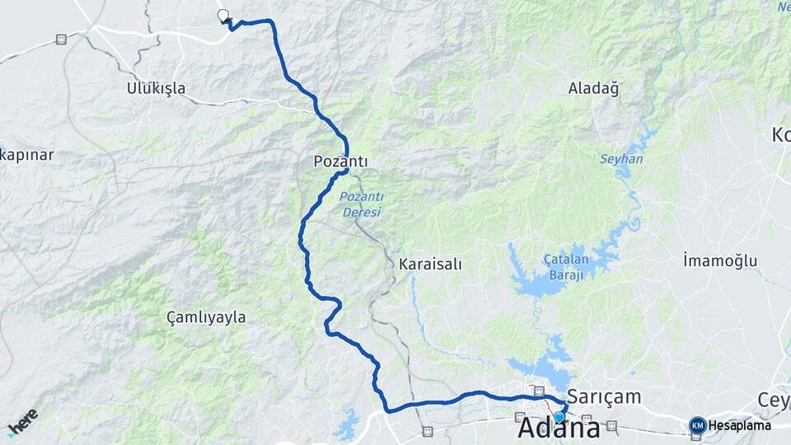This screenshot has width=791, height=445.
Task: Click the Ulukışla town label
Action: tap(156, 88)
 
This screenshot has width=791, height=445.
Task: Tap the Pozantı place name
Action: tap(340, 162)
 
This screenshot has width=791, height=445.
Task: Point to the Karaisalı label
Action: tap(429, 265)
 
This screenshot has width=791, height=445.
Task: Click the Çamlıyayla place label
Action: tap(206, 316)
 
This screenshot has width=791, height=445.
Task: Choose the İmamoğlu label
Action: tap(719, 261)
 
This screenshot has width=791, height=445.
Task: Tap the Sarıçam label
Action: tap(604, 396)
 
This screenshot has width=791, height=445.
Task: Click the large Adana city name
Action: tap(559, 429)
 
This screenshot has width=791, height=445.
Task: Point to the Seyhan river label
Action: tap(620, 158)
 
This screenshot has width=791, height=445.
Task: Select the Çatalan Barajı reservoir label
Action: tap(563, 266)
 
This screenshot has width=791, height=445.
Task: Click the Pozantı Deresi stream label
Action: tap(361, 204)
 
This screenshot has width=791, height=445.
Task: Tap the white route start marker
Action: tap(222, 15)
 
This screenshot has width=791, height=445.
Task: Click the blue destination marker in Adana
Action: tap(559, 417)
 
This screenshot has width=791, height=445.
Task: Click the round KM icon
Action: tap(697, 425)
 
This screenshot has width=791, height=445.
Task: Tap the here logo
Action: tap(22, 421)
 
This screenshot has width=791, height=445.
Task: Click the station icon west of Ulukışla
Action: tap(61, 39)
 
